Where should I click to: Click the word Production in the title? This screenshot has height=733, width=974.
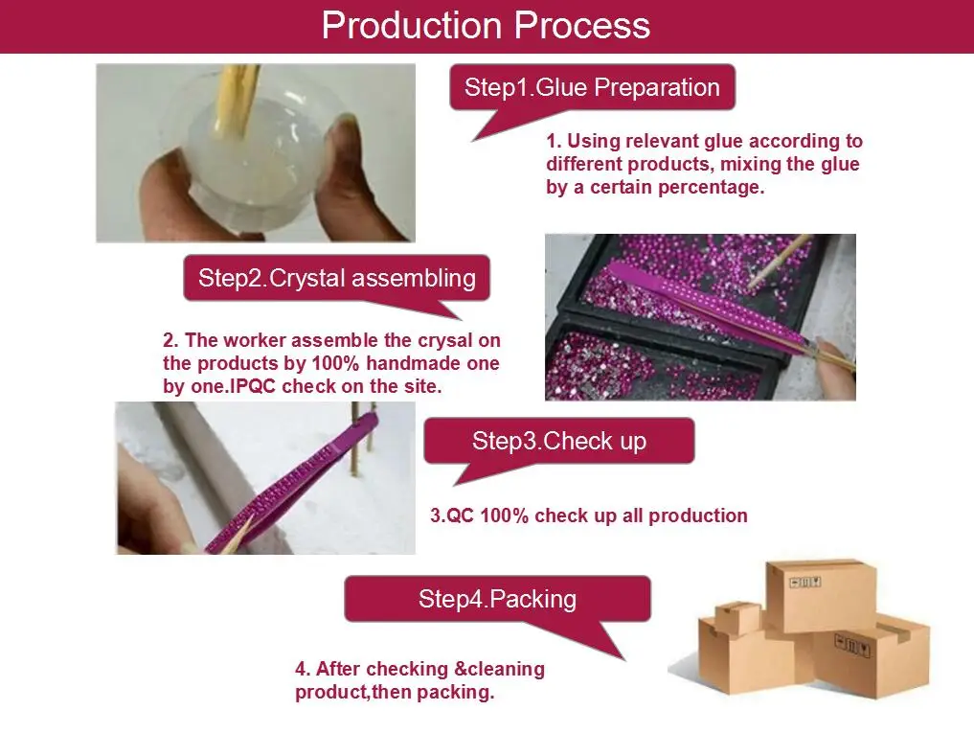[x=411, y=26]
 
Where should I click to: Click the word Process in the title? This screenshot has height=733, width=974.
[x=582, y=26]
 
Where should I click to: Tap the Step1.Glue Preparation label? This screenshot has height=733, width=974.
[x=592, y=87]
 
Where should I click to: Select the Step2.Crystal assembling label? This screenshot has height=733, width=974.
[x=337, y=278]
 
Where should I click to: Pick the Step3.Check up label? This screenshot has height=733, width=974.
[x=559, y=441]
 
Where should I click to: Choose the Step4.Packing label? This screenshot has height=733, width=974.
[x=498, y=599]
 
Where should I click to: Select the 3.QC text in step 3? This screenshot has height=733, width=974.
[x=452, y=515]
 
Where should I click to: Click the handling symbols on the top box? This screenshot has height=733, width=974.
[x=805, y=583]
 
